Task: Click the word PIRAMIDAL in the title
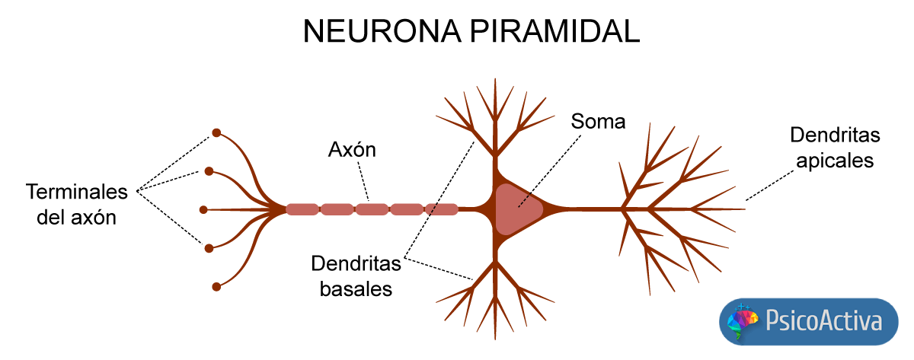click(551, 32)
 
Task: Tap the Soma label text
click(598, 122)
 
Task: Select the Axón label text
click(352, 149)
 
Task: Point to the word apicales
click(834, 161)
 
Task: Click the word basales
click(356, 289)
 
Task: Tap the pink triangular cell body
click(516, 209)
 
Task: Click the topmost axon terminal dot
click(216, 132)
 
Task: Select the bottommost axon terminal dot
click(216, 287)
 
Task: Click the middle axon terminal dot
click(203, 209)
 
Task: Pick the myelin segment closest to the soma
click(441, 209)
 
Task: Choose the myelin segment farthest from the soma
click(302, 209)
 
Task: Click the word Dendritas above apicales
click(835, 135)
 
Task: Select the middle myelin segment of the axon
click(372, 209)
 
